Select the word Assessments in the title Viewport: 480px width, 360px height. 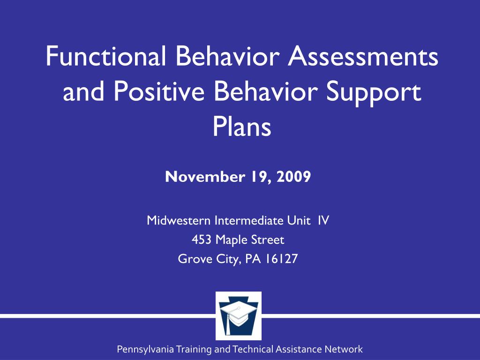point(363,56)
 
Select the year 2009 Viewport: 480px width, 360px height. point(294,176)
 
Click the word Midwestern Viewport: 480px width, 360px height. point(179,220)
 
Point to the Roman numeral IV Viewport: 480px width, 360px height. point(323,220)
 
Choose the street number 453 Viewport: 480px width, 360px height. point(202,240)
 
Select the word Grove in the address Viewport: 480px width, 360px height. point(195,259)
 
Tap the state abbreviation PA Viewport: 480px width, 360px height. point(253,259)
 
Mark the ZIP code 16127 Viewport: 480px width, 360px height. point(281,259)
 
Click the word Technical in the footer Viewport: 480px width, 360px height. point(253,349)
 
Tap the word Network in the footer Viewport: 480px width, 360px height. point(344,349)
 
